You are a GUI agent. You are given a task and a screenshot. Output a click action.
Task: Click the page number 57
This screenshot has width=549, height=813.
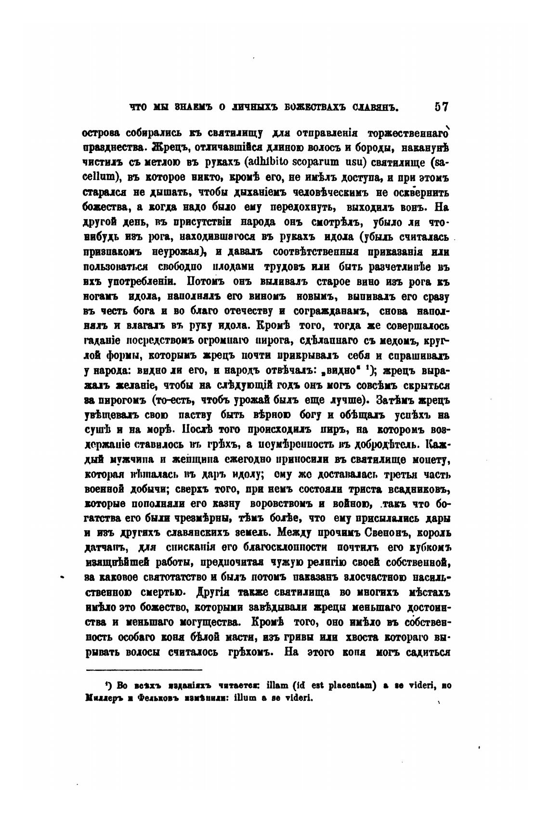pyautogui.click(x=441, y=107)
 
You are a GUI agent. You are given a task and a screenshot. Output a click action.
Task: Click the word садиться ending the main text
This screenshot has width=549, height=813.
pyautogui.click(x=427, y=653)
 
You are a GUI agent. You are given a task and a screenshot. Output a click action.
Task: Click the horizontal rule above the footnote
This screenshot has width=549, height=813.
pyautogui.click(x=144, y=670)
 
